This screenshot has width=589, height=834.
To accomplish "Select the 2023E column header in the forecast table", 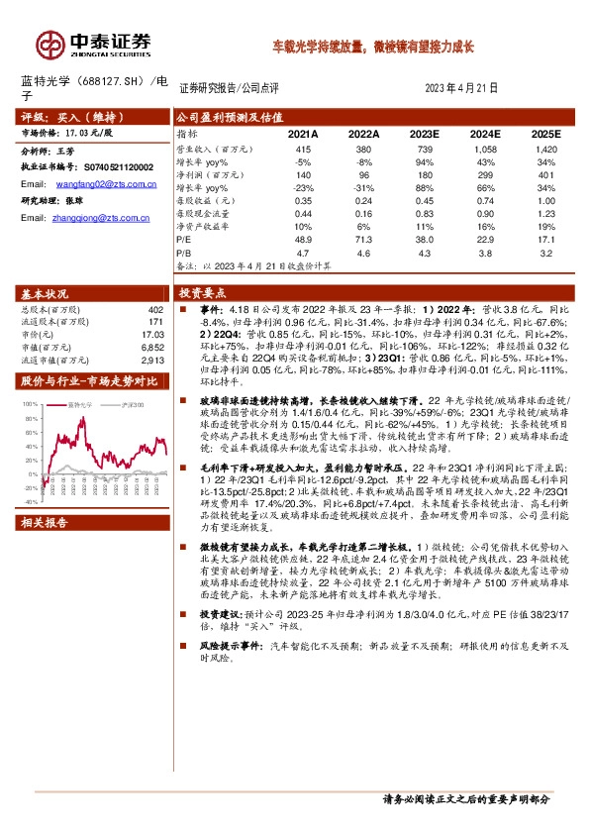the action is point(423,132).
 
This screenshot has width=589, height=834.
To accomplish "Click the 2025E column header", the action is point(544,132).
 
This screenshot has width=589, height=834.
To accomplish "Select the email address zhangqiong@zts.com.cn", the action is point(98,217).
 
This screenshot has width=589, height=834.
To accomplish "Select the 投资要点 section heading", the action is point(203,293).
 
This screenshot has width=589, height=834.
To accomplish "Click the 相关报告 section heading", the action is point(46,522).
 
